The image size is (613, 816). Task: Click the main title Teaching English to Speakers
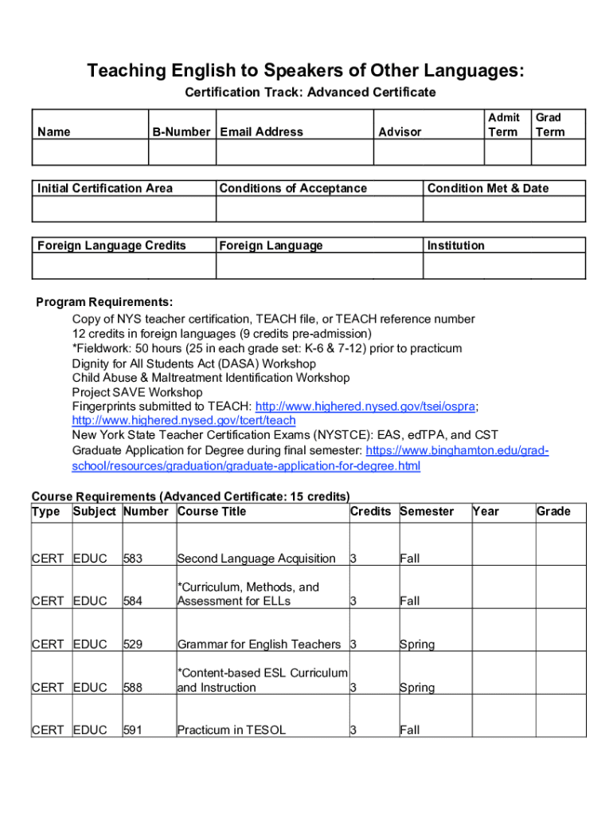click(x=306, y=71)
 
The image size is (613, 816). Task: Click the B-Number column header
click(x=182, y=131)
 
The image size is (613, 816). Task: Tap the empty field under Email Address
click(x=294, y=152)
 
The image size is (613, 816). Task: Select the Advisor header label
click(x=400, y=131)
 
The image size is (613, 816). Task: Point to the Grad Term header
click(x=549, y=124)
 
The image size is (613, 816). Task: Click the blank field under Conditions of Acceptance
click(x=318, y=209)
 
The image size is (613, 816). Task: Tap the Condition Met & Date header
click(x=488, y=188)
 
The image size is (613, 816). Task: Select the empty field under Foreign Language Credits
click(x=123, y=266)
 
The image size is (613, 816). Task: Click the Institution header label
click(x=455, y=245)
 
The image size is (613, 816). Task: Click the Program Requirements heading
click(x=104, y=303)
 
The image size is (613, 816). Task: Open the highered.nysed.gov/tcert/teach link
click(x=184, y=421)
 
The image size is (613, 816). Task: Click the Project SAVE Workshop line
click(x=137, y=392)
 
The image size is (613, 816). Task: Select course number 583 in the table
click(x=133, y=559)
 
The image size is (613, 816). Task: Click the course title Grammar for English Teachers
click(x=259, y=644)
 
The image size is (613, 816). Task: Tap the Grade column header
click(x=553, y=512)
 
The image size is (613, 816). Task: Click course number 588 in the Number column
click(x=133, y=687)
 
